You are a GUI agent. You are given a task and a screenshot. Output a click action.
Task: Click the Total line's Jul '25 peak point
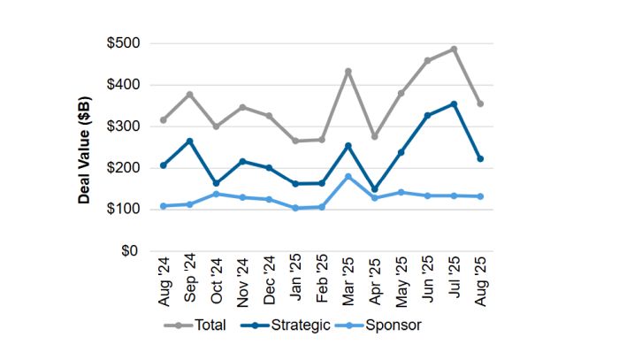tap(455, 50)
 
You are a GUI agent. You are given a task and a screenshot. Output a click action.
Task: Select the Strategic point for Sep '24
tap(189, 141)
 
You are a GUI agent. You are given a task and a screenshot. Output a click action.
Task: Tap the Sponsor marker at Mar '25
tap(348, 176)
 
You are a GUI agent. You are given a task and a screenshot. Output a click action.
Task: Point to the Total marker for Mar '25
tap(348, 71)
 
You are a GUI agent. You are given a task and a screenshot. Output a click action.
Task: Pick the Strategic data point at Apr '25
tap(375, 189)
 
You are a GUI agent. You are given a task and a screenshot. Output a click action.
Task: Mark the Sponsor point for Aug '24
tap(163, 206)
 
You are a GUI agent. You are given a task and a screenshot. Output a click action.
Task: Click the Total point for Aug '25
tap(480, 103)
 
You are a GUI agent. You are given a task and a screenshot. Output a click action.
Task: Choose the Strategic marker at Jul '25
tap(455, 103)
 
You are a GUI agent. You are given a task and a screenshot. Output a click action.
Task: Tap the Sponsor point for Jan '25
tap(295, 208)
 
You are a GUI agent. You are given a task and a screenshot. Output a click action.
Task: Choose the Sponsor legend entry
tap(384, 325)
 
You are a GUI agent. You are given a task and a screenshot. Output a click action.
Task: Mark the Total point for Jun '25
tap(428, 61)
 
